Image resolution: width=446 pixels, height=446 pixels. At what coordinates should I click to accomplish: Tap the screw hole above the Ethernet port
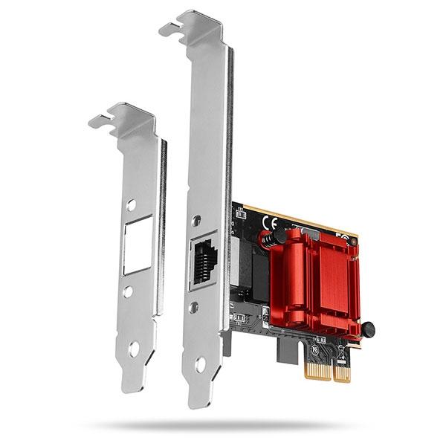click(196, 220)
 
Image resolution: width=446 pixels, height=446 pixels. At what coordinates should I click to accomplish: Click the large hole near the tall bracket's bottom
click(200, 364)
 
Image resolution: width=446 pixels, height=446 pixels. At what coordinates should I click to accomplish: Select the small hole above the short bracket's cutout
click(131, 204)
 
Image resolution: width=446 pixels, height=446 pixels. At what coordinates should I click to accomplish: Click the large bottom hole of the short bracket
click(134, 347)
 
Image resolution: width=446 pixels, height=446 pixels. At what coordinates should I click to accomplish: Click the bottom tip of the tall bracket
click(195, 402)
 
